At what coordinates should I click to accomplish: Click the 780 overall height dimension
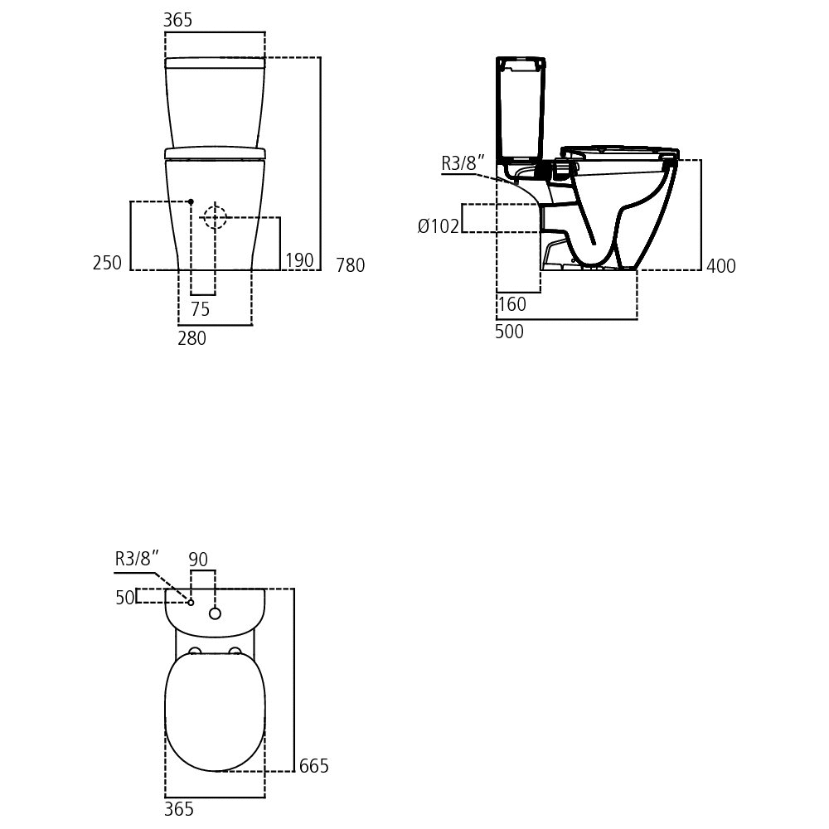pyautogui.click(x=351, y=265)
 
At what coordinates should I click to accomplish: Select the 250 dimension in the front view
pyautogui.click(x=107, y=263)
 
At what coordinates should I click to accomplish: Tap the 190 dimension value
pyautogui.click(x=300, y=260)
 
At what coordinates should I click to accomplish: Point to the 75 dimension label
pyautogui.click(x=201, y=308)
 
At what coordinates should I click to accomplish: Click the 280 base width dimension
pyautogui.click(x=192, y=338)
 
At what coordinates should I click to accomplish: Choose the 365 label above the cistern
pyautogui.click(x=177, y=20)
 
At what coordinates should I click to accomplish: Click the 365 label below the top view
pyautogui.click(x=179, y=809)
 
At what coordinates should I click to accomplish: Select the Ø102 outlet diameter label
pyautogui.click(x=439, y=226)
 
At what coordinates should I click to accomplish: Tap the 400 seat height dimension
pyautogui.click(x=721, y=266)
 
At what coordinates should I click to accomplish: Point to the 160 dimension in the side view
pyautogui.click(x=512, y=304)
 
